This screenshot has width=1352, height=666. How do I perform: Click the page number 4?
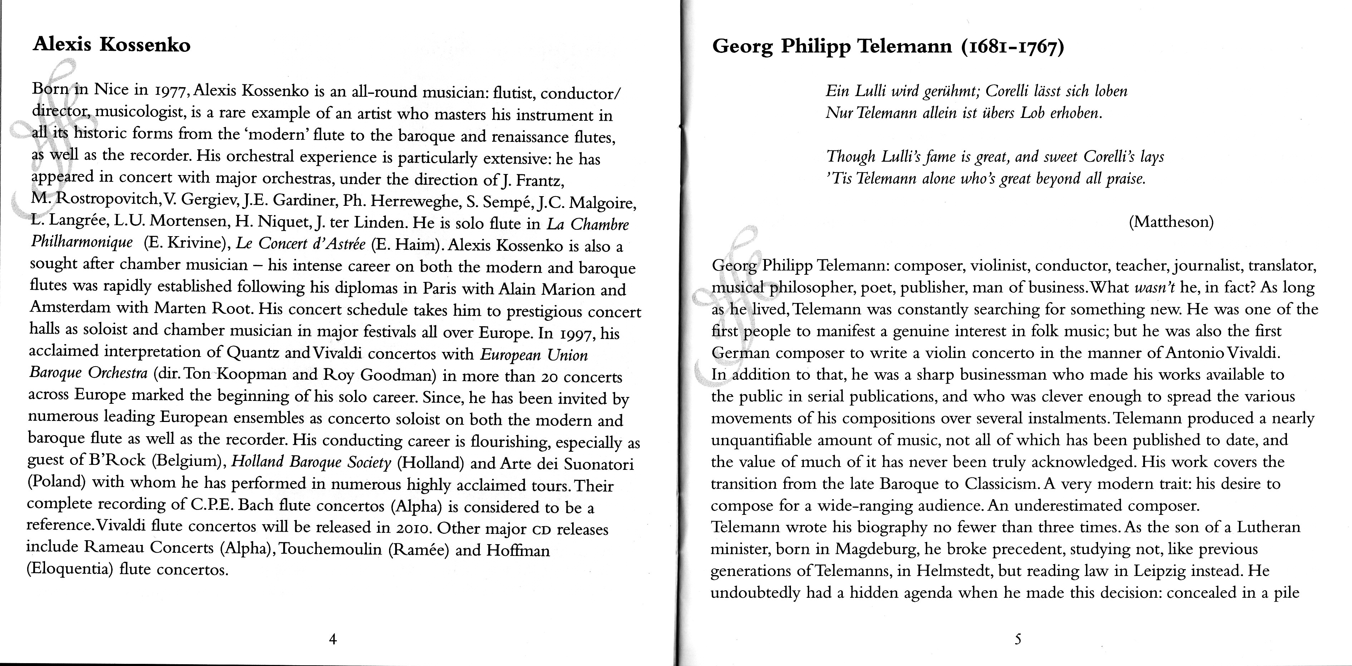[332, 639]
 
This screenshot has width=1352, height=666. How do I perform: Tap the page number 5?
[1018, 639]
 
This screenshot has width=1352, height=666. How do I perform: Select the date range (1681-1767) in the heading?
[1012, 47]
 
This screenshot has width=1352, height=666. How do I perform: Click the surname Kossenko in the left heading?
[145, 45]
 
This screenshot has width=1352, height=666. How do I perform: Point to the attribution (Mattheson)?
[1171, 222]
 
